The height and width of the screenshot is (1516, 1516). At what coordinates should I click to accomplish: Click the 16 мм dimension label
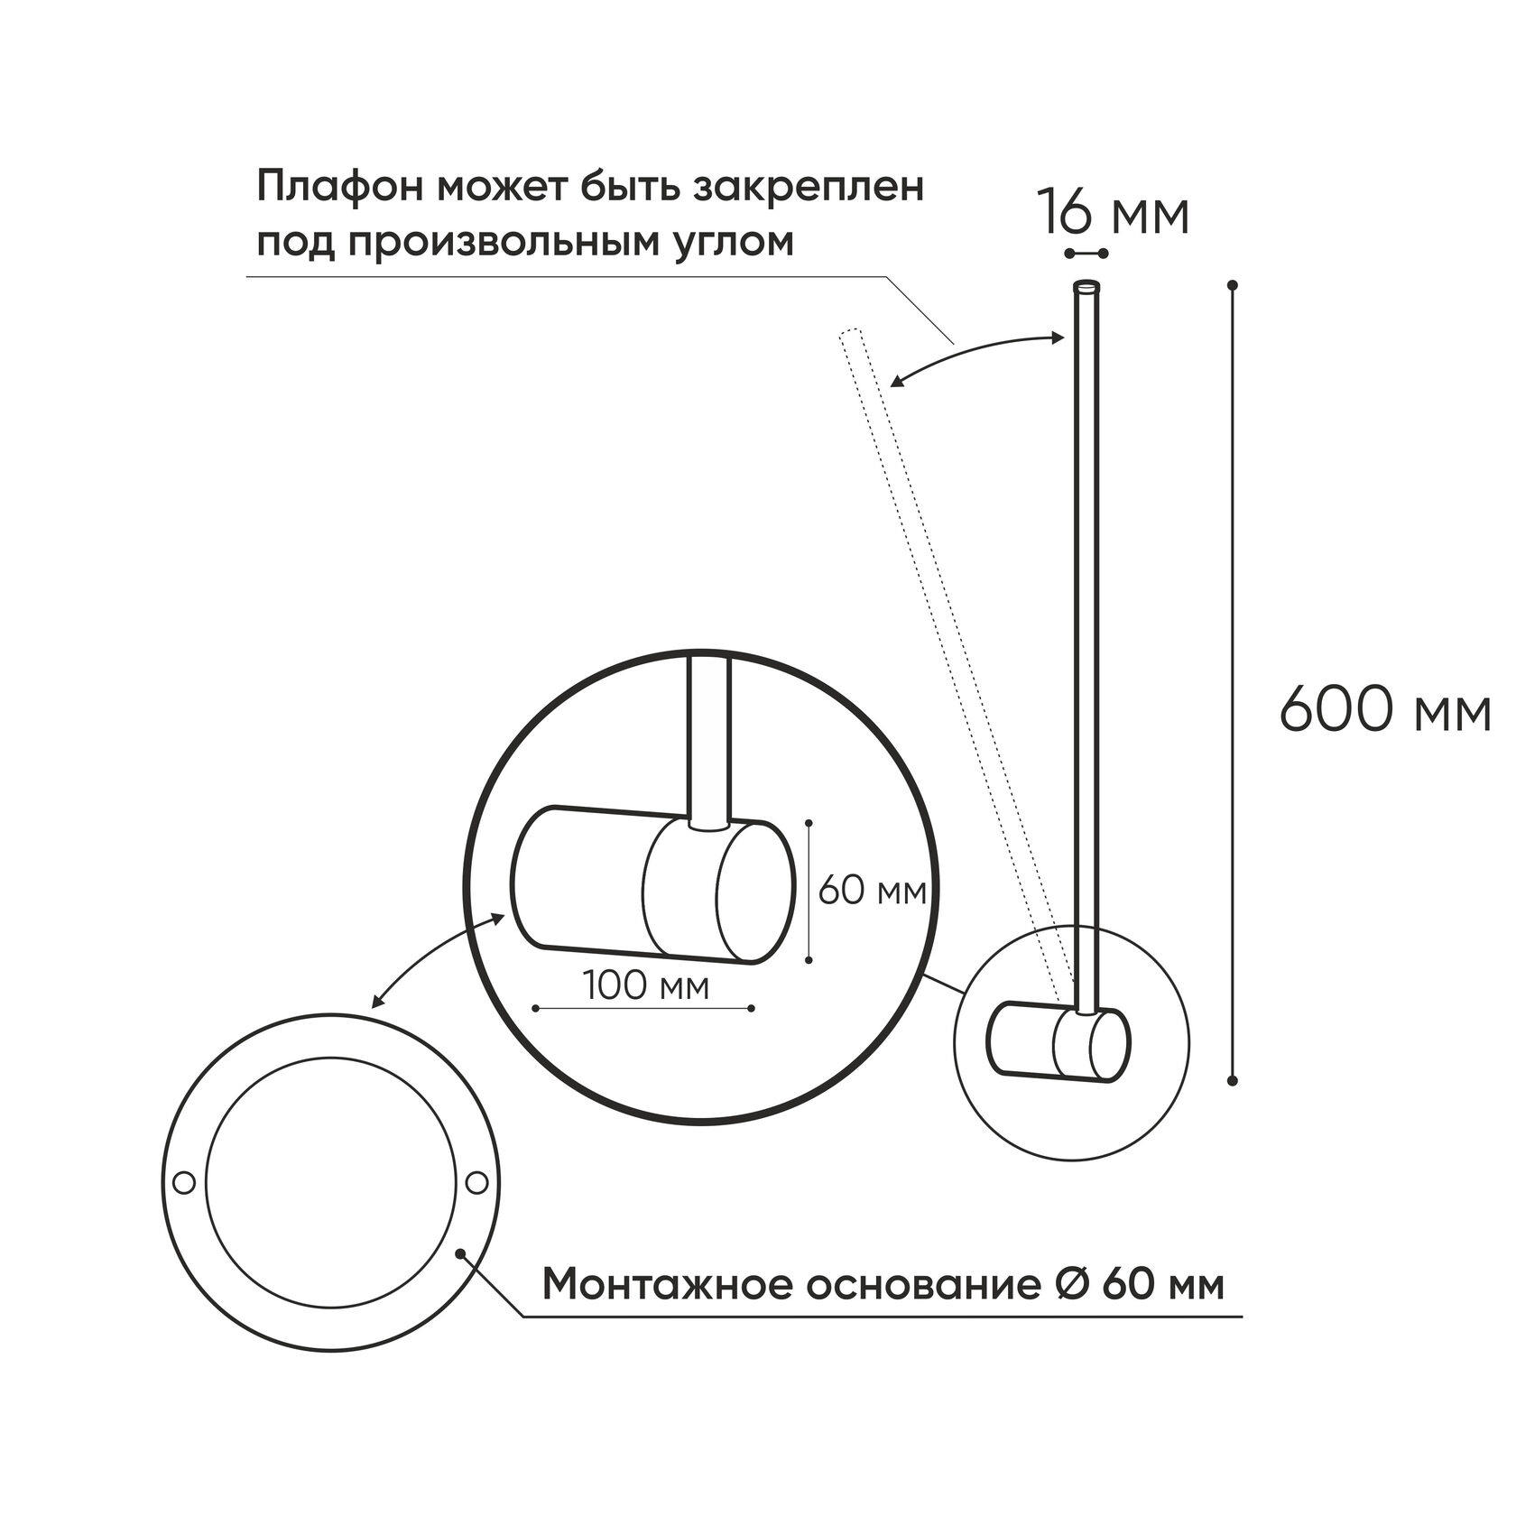[1112, 214]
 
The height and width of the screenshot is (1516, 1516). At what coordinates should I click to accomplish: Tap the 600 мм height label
[1384, 710]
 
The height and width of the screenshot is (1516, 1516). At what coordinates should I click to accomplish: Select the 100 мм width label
[645, 984]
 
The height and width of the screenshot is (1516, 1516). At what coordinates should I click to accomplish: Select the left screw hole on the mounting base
[184, 1181]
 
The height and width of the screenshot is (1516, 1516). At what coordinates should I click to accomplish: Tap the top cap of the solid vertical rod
[1086, 286]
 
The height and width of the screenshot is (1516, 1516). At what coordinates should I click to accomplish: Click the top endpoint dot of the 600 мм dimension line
[1233, 285]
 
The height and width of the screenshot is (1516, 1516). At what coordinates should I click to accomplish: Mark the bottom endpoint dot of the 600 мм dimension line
[1233, 1080]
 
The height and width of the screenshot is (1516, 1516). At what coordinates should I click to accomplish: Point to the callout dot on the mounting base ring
[461, 1253]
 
